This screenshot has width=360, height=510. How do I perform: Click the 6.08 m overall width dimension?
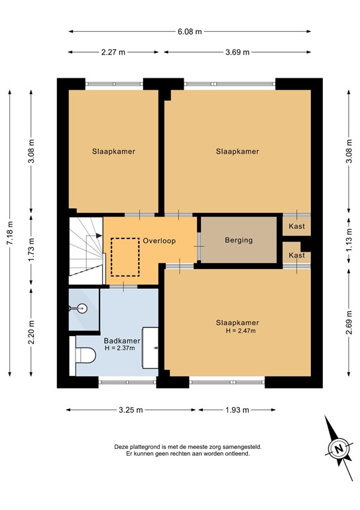pyautogui.click(x=190, y=31)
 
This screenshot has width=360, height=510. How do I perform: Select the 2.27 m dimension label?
pyautogui.click(x=114, y=52)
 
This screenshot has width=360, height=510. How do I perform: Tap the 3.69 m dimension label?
pyautogui.click(x=237, y=52)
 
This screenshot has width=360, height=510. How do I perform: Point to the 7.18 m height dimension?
pyautogui.click(x=9, y=232)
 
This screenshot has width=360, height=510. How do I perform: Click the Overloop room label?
pyautogui.click(x=158, y=241)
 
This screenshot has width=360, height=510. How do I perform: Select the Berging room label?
pyautogui.click(x=239, y=240)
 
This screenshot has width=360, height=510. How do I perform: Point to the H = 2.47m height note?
pyautogui.click(x=240, y=331)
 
